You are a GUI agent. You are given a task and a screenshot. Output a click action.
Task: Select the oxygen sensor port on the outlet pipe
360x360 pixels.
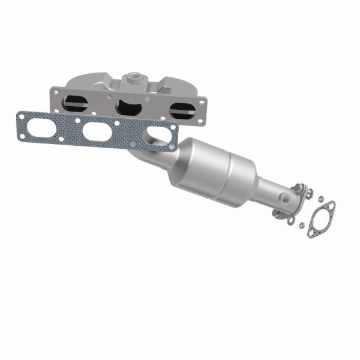point(284,197)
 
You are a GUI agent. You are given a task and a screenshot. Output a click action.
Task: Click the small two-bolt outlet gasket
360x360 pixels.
point(321,219)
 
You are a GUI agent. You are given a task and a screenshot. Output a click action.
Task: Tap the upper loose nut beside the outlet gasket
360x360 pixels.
point(322,199)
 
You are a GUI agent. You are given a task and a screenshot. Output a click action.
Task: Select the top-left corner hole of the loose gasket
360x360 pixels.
point(22,115)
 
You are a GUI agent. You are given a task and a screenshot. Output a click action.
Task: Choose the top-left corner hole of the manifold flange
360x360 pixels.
point(55,91)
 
